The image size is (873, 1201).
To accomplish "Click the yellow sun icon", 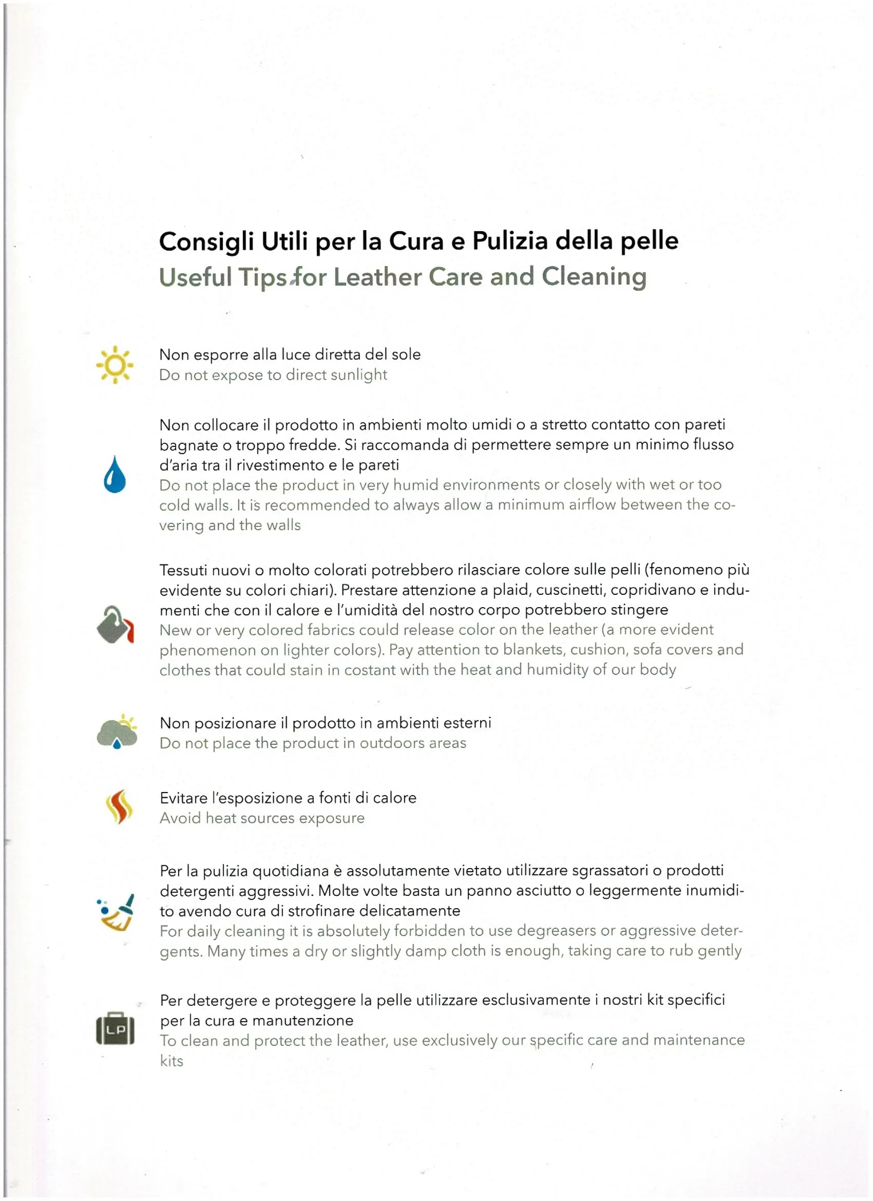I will click(115, 365).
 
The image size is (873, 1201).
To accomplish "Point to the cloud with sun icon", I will click(117, 732).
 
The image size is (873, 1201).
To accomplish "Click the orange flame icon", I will click(119, 807).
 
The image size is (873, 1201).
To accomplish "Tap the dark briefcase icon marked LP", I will click(115, 1028).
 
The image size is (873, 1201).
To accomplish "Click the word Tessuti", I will click(183, 570).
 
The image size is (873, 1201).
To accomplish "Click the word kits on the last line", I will click(171, 1061).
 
